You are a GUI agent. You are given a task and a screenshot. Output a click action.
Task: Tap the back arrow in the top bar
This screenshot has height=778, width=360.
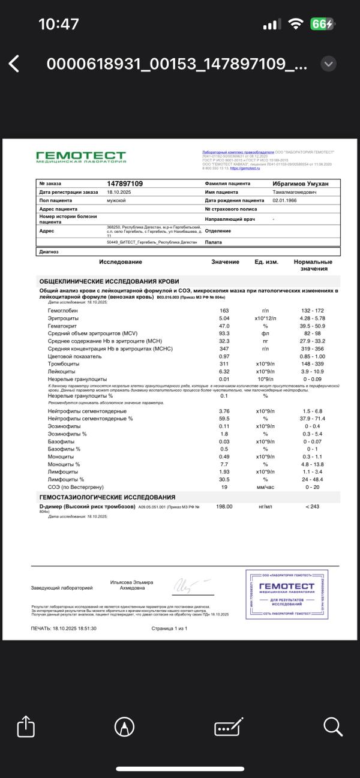[x=14, y=64]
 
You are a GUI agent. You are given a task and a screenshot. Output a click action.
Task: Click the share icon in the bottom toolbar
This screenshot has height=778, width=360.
[x=26, y=727]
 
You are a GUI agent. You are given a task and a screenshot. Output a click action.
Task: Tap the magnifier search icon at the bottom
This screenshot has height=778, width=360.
[x=332, y=727]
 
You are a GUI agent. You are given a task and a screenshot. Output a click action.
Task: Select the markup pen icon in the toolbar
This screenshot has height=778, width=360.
[x=124, y=727]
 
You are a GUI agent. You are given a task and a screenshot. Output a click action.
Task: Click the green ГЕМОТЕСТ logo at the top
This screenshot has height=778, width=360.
[x=81, y=157]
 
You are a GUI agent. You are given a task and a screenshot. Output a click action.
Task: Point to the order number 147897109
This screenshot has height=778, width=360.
[x=125, y=184]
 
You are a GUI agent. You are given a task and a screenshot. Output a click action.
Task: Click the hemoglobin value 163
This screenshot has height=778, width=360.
[x=224, y=311]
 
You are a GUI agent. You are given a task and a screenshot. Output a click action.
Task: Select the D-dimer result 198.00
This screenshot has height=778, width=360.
[x=224, y=507]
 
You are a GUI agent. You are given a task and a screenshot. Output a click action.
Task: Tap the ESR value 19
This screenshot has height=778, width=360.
[x=224, y=486]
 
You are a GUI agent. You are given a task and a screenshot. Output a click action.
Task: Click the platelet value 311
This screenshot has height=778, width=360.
[x=224, y=364]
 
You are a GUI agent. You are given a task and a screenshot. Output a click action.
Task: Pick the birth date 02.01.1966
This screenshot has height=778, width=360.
[x=286, y=200]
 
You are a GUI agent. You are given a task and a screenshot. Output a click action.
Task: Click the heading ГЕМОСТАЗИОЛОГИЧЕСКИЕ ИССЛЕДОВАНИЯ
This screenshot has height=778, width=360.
[x=107, y=497]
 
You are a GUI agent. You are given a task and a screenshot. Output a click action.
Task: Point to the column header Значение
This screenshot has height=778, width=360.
[x=225, y=262]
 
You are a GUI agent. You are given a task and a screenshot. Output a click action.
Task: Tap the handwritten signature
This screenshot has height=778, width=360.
[x=190, y=585]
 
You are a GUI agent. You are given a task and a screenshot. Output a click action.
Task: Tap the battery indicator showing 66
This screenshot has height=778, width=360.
[x=322, y=24]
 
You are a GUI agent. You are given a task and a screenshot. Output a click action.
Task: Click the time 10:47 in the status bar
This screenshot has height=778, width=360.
[x=58, y=24]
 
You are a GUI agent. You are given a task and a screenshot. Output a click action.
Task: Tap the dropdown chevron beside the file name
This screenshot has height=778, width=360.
[x=328, y=64]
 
